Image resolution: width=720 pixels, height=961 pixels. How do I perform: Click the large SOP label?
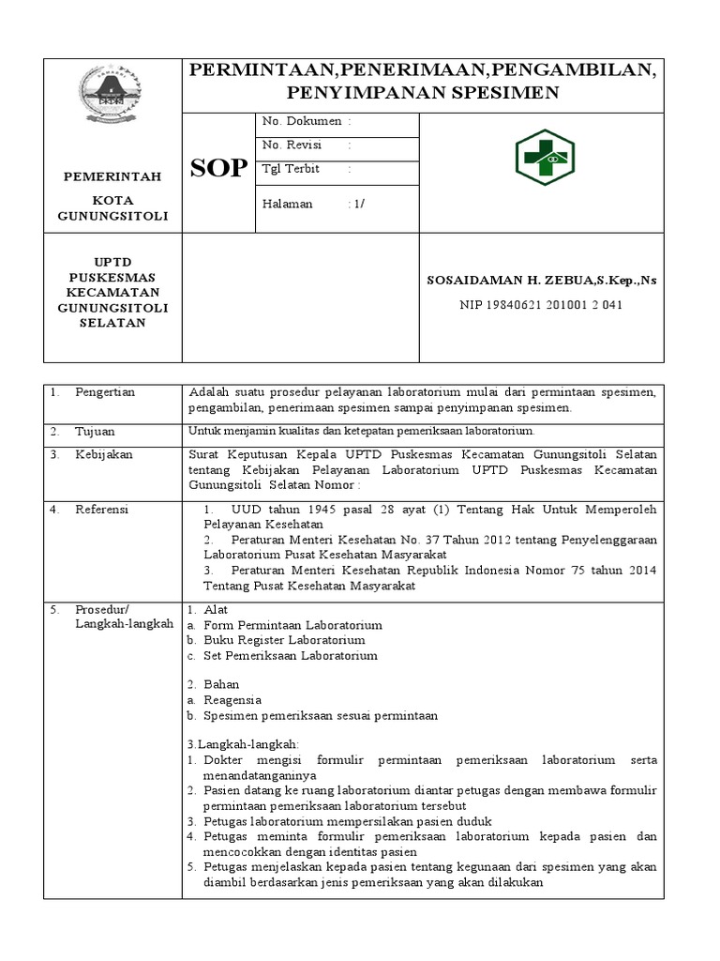(219, 169)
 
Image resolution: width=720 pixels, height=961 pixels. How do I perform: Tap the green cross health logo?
(545, 157)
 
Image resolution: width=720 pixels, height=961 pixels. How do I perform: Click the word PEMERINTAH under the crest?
(112, 176)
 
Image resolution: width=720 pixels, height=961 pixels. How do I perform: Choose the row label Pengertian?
(105, 392)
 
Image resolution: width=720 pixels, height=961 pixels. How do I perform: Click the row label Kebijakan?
(104, 454)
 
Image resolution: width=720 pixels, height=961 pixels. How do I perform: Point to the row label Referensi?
(102, 510)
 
